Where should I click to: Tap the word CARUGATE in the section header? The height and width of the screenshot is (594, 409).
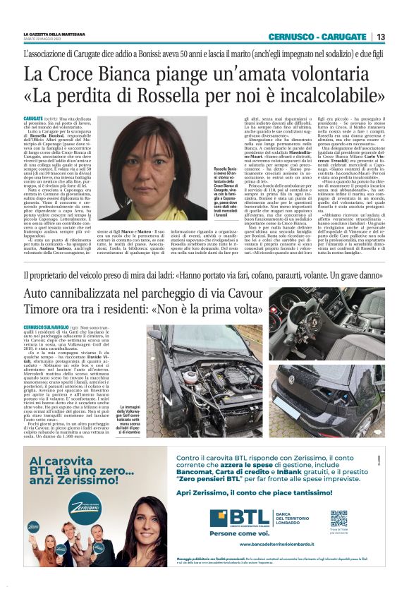(346, 37)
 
